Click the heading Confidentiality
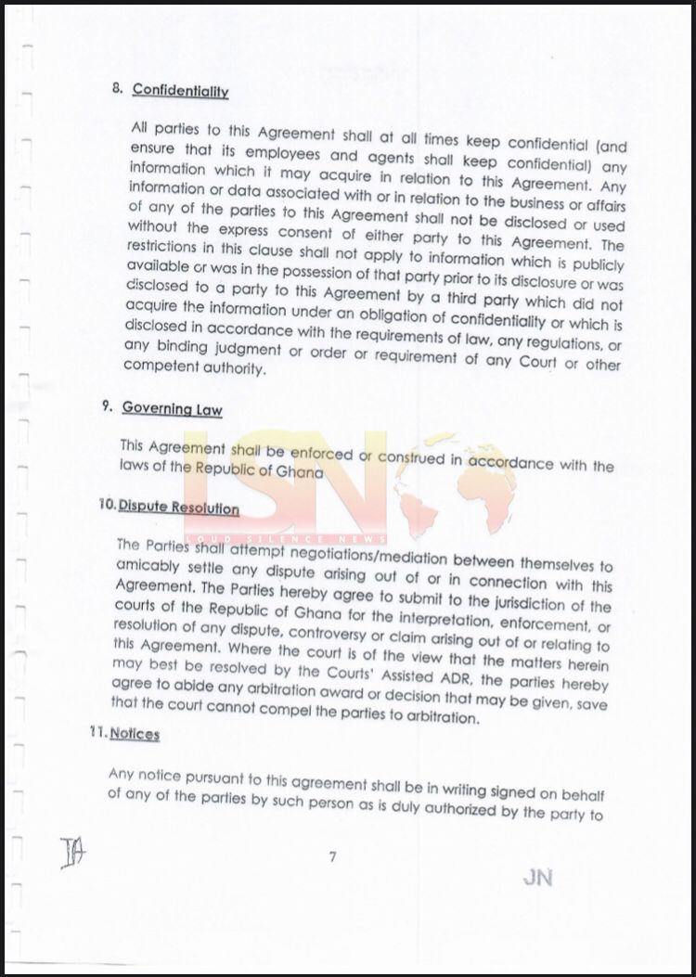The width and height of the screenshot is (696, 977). (x=180, y=90)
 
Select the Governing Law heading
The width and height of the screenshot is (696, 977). (x=172, y=408)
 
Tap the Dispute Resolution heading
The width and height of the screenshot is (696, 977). (x=178, y=508)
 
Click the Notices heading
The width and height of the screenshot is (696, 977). (x=135, y=734)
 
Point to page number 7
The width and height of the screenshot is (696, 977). (x=331, y=857)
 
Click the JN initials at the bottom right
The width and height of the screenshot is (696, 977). (x=537, y=878)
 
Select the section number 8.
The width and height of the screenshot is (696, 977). (x=117, y=89)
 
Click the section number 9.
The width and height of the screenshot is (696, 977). (x=108, y=406)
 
